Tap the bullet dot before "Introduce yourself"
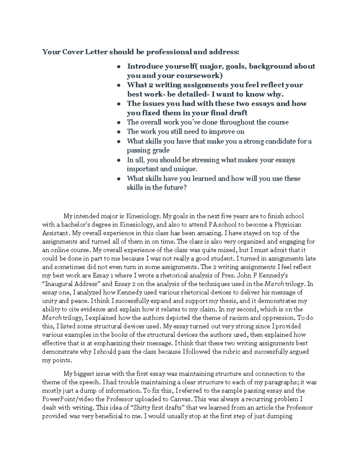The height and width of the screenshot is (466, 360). tap(119, 67)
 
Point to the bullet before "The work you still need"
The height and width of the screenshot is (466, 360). tap(119, 132)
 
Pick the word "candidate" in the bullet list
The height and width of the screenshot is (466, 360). tap(276, 141)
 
